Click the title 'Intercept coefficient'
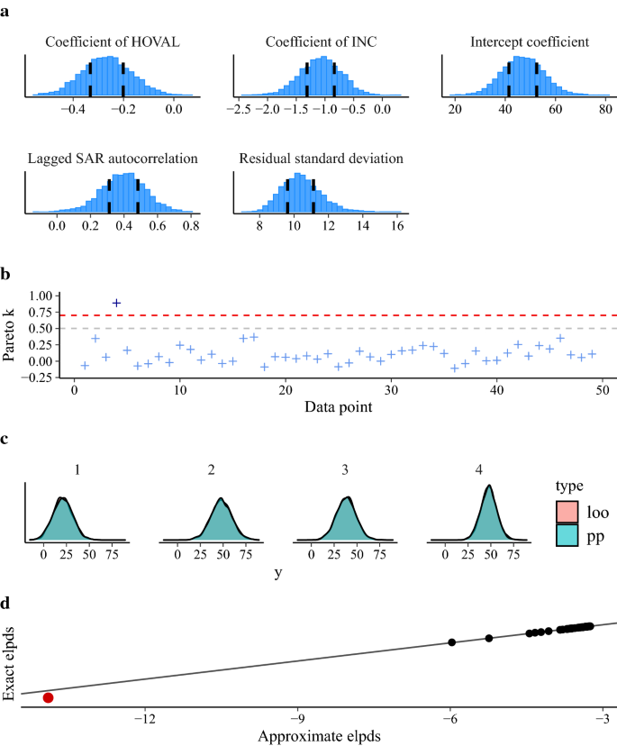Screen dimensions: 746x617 (x=530, y=42)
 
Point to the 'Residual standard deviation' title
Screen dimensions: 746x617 (x=321, y=159)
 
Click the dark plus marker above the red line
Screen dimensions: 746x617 (x=116, y=304)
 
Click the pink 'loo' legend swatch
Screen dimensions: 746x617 (x=566, y=511)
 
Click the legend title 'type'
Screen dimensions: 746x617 (x=569, y=486)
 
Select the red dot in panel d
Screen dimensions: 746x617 (x=48, y=697)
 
